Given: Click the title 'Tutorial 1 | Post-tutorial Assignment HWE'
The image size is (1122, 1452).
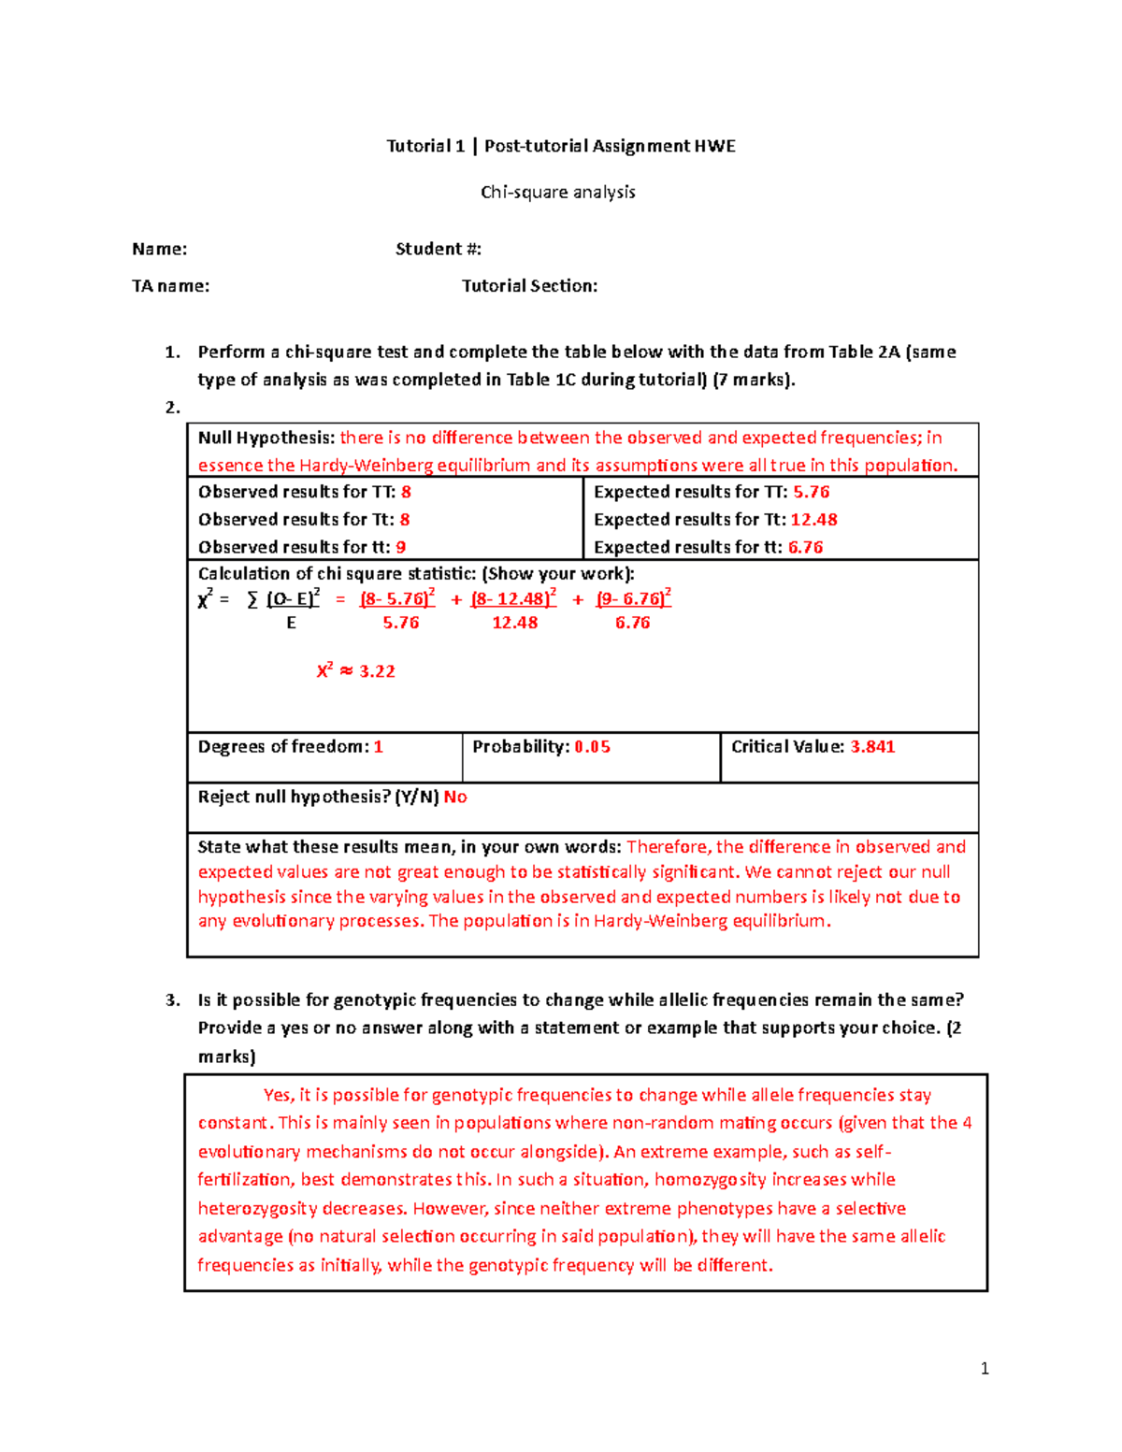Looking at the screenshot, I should pyautogui.click(x=561, y=146).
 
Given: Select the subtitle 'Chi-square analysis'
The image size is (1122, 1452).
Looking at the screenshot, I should pyautogui.click(x=558, y=192).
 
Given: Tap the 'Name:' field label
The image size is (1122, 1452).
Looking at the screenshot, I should pyautogui.click(x=160, y=249).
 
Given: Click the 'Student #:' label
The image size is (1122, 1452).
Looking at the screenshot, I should pyautogui.click(x=439, y=249).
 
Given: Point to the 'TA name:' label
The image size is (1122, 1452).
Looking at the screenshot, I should pyautogui.click(x=171, y=286).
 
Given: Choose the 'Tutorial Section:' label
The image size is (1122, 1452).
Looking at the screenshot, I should pyautogui.click(x=530, y=286).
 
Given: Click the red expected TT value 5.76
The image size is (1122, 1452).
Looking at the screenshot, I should pyautogui.click(x=812, y=492).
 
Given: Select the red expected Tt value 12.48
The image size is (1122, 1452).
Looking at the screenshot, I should pyautogui.click(x=813, y=520).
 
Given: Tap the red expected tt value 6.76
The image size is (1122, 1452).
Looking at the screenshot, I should pyautogui.click(x=805, y=547).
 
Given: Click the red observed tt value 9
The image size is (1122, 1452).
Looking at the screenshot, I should pyautogui.click(x=401, y=547).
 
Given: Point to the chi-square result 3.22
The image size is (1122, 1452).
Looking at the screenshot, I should pyautogui.click(x=377, y=671).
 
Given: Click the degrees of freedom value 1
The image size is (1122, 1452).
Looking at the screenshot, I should pyautogui.click(x=379, y=747).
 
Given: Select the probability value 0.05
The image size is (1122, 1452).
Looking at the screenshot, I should pyautogui.click(x=592, y=747).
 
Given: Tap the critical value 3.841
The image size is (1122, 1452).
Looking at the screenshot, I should pyautogui.click(x=872, y=747).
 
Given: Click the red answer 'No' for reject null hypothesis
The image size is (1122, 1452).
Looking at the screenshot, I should pyautogui.click(x=455, y=797).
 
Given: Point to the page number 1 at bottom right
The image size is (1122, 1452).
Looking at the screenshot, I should pyautogui.click(x=985, y=1369).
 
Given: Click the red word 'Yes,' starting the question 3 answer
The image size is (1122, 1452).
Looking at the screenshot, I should pyautogui.click(x=279, y=1095).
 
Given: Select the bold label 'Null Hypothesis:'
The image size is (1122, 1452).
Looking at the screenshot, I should pyautogui.click(x=266, y=438).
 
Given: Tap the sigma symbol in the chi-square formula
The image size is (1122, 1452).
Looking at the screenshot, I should pyautogui.click(x=252, y=600).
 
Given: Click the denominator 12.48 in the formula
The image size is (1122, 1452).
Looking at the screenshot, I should pyautogui.click(x=515, y=623).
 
